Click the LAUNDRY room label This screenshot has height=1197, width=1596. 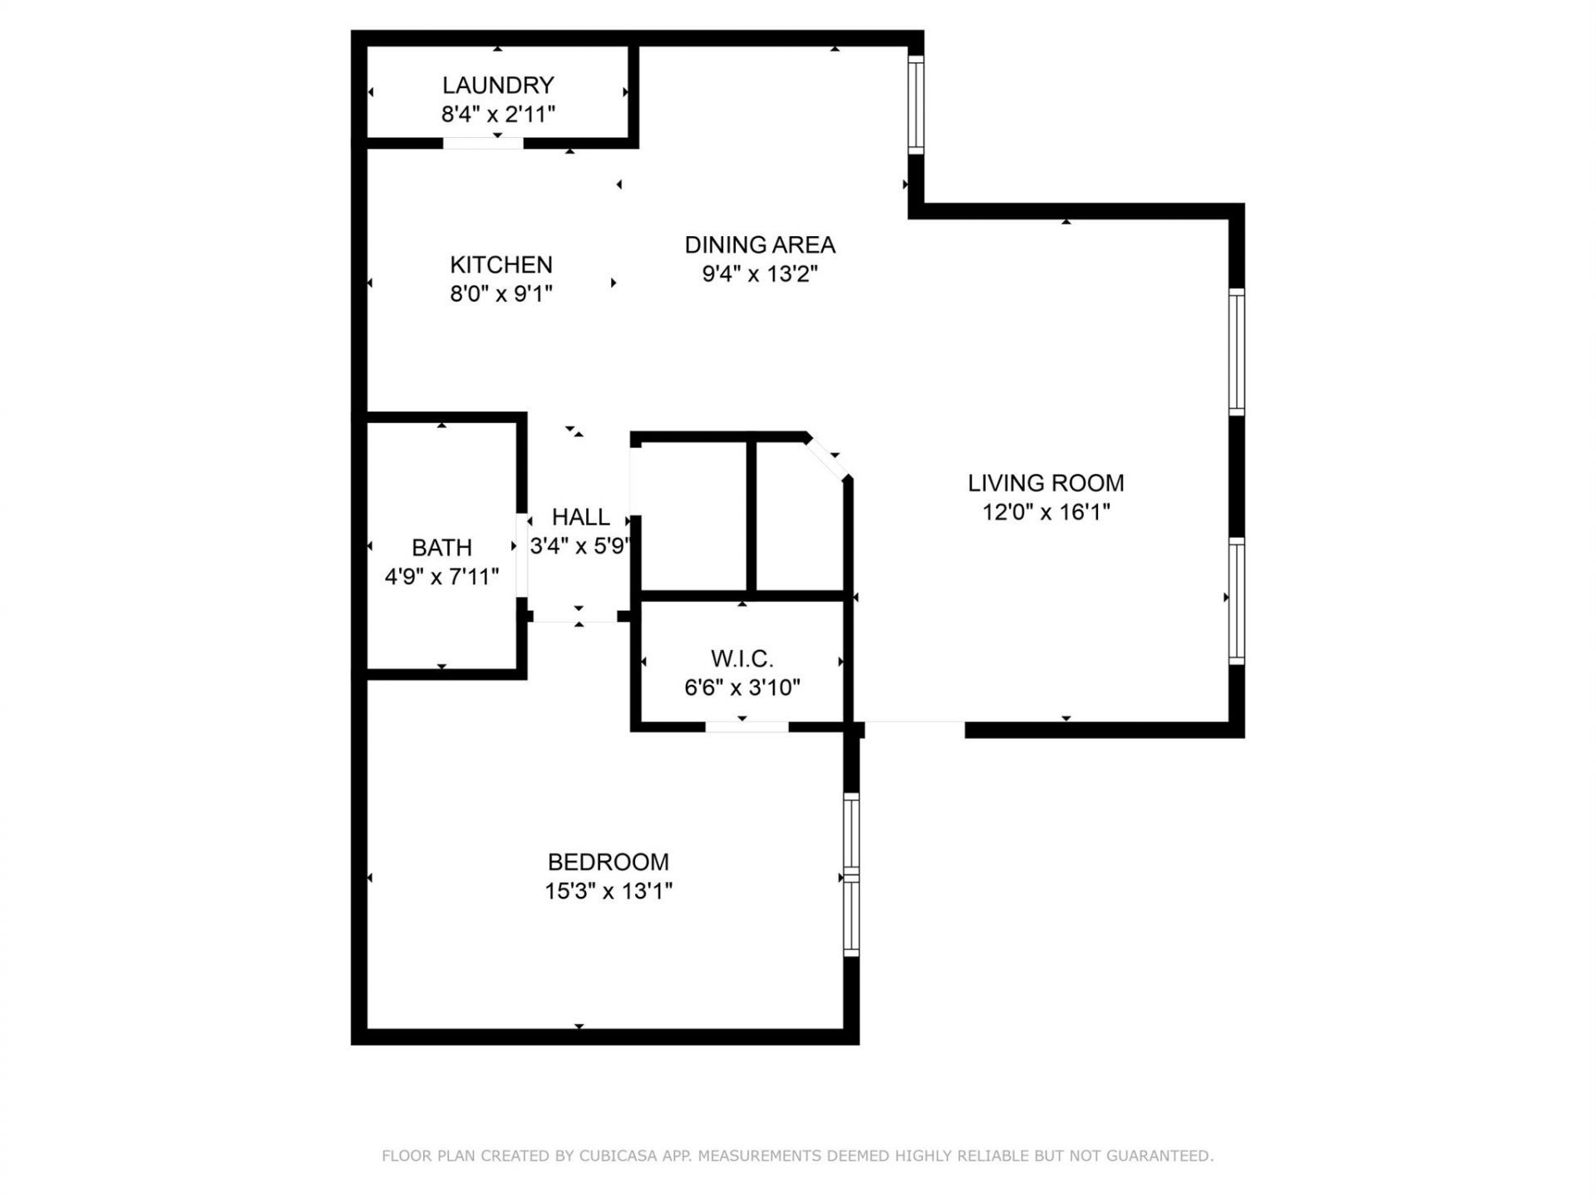(x=498, y=85)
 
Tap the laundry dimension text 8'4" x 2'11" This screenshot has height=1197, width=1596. (x=498, y=114)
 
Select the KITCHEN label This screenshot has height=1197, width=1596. (x=500, y=264)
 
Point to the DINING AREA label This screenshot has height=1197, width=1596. (x=760, y=244)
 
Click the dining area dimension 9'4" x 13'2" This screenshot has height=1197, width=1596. (x=760, y=273)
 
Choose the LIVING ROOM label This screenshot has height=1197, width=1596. (x=1046, y=482)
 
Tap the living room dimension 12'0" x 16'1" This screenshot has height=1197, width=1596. (x=1046, y=511)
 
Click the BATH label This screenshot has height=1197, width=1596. (x=441, y=547)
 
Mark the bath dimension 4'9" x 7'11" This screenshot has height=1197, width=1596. (x=441, y=576)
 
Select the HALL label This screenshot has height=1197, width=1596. (x=580, y=516)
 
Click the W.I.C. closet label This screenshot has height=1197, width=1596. (x=741, y=659)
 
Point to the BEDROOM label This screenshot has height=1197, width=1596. (x=608, y=861)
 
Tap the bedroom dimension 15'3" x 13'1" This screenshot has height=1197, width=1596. (x=608, y=891)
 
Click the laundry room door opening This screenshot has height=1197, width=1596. (x=483, y=143)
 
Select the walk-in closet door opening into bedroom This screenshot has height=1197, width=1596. (x=746, y=727)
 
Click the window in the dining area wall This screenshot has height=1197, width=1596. (x=915, y=105)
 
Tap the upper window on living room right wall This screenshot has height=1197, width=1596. (x=1236, y=352)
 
